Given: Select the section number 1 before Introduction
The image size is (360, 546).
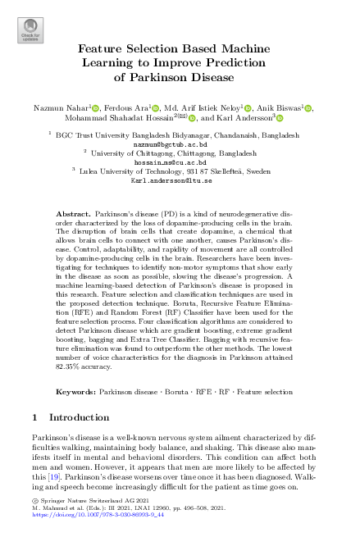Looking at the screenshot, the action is pos(34,417).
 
